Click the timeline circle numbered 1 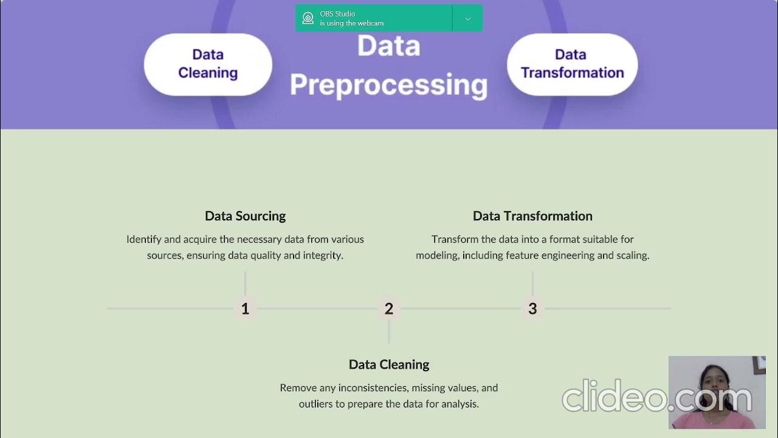point(245,308)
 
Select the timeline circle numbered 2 point(389,308)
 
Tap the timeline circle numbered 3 point(532,308)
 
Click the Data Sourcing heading point(245,216)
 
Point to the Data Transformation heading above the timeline point(532,216)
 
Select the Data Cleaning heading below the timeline point(389,364)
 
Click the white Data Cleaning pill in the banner point(208,64)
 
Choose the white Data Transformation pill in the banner point(572,64)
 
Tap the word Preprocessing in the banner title point(388,85)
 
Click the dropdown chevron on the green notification point(467,19)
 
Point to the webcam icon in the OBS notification point(308,18)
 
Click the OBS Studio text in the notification point(338,13)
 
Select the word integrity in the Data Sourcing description point(323,255)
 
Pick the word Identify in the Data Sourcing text point(144,240)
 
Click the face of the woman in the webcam point(709,380)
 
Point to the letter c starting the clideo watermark point(573,399)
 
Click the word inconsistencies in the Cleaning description point(373,388)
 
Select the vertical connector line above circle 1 point(245,283)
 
